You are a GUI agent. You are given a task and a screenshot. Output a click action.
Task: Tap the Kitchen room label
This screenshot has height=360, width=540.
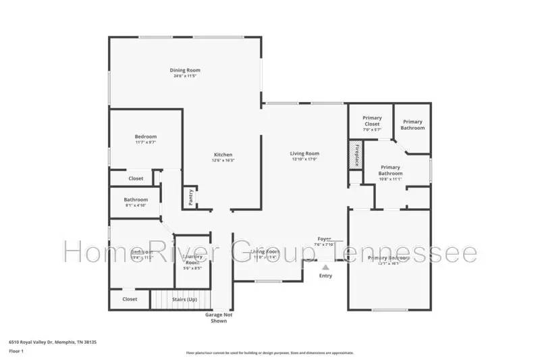(x=223, y=154)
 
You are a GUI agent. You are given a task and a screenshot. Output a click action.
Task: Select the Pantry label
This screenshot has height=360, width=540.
(x=191, y=197)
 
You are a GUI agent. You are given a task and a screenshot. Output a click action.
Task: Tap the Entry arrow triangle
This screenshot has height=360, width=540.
(x=325, y=267)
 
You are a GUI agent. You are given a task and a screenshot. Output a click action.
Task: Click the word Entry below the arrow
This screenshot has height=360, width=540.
(x=325, y=276)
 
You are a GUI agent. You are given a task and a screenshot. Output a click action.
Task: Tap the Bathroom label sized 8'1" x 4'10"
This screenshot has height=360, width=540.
(x=136, y=200)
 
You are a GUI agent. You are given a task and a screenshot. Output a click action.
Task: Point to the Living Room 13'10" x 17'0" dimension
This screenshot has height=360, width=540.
(x=305, y=160)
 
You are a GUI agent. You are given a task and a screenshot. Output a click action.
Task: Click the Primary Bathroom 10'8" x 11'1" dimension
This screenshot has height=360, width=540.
(x=390, y=179)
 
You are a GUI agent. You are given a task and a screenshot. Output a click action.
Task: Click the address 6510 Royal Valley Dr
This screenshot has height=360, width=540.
(x=52, y=342)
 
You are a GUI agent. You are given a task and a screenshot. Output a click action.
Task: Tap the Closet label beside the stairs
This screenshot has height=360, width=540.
(x=130, y=299)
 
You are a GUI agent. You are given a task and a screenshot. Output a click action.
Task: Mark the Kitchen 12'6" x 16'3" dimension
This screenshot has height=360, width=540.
(x=223, y=161)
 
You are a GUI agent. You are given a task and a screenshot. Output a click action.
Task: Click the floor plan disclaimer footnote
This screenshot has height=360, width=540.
(x=269, y=353)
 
